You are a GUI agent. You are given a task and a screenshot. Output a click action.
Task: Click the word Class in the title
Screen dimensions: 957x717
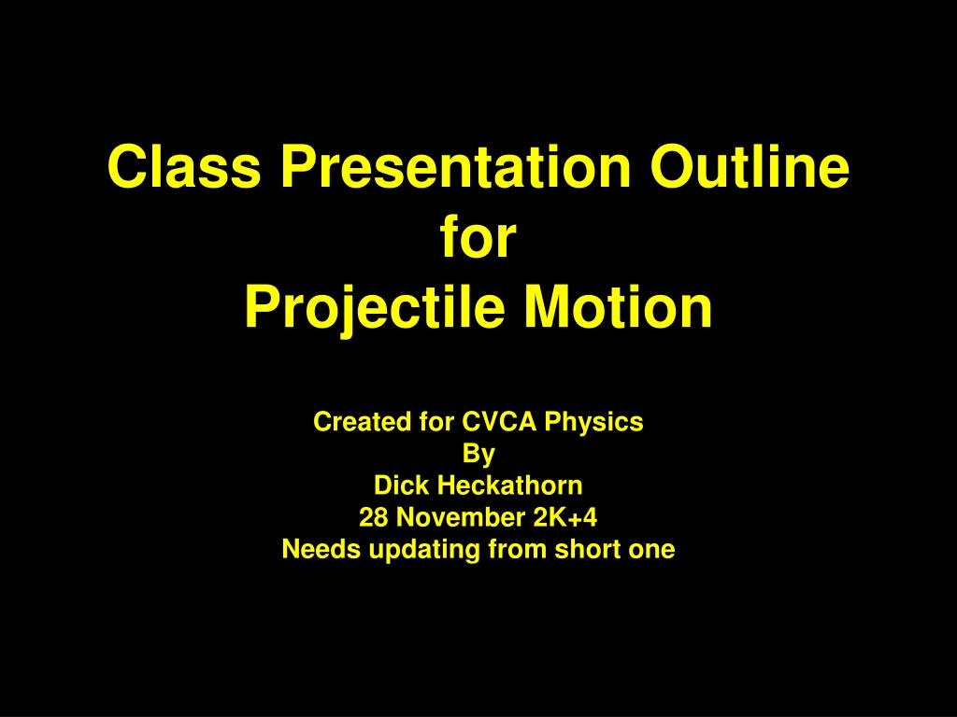[184, 166]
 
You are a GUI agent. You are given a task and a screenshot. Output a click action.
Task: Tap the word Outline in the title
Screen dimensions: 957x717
[750, 166]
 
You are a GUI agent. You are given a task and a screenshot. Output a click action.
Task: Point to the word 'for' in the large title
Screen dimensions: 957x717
[478, 236]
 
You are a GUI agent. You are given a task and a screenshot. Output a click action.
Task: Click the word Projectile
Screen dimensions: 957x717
[375, 307]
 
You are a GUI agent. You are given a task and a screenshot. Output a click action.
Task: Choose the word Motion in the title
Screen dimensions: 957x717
[619, 306]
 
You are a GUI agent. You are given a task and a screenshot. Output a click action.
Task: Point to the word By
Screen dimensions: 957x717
[478, 455]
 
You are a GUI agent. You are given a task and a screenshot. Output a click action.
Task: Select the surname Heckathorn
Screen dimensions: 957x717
[510, 485]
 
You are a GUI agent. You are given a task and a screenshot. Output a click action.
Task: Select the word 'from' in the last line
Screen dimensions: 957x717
[518, 549]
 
